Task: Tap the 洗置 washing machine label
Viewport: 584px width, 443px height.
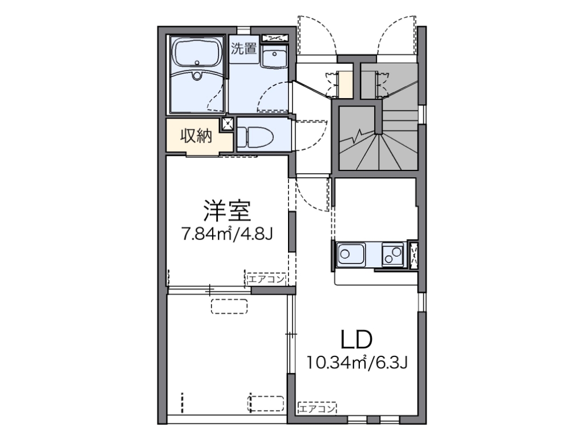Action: tap(244, 48)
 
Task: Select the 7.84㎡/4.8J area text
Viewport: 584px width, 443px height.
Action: tap(226, 234)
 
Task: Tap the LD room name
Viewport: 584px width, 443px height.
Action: tap(356, 340)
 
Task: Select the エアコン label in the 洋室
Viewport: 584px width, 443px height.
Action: tap(266, 279)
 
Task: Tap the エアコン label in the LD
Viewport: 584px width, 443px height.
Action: tap(317, 408)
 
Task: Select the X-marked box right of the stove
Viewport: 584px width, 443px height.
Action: tap(413, 254)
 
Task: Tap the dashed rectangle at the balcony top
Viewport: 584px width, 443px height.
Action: tap(230, 306)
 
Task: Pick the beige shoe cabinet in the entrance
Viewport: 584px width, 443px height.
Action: tap(346, 84)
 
